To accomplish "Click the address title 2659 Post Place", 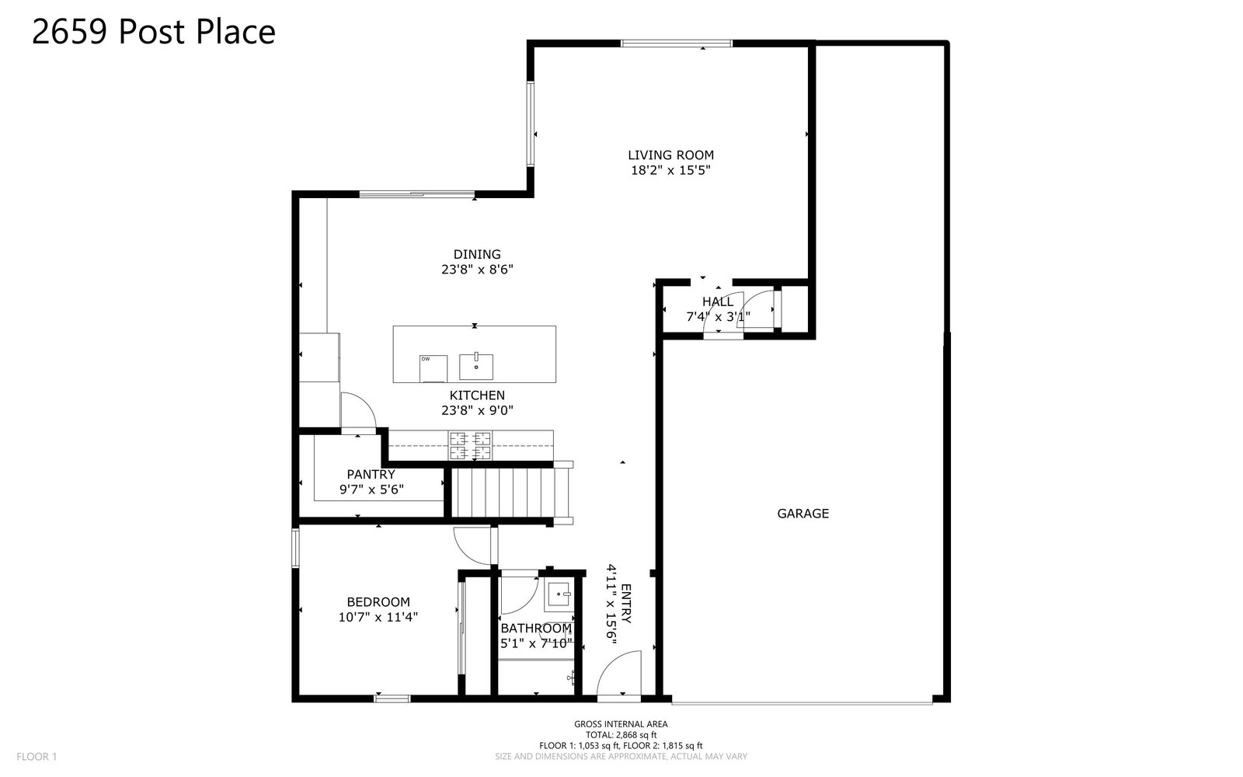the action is pyautogui.click(x=154, y=32).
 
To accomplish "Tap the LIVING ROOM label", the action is pyautogui.click(x=671, y=155).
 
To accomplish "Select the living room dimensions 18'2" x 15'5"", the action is pyautogui.click(x=671, y=170).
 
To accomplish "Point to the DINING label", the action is pyautogui.click(x=477, y=255).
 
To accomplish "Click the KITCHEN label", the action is pyautogui.click(x=477, y=395).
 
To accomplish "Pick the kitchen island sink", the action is pyautogui.click(x=476, y=366).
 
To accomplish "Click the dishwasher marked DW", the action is pyautogui.click(x=433, y=369).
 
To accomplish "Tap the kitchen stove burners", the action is pyautogui.click(x=470, y=446).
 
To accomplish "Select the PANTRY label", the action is pyautogui.click(x=371, y=475).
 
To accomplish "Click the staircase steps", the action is pyautogui.click(x=504, y=493).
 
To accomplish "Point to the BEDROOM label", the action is pyautogui.click(x=378, y=602).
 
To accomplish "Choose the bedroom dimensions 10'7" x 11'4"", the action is pyautogui.click(x=378, y=617).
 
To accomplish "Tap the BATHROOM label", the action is pyautogui.click(x=536, y=629).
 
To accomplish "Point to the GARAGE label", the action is pyautogui.click(x=803, y=514).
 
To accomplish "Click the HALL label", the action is pyautogui.click(x=718, y=302).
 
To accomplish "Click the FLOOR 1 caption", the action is pyautogui.click(x=37, y=757).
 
